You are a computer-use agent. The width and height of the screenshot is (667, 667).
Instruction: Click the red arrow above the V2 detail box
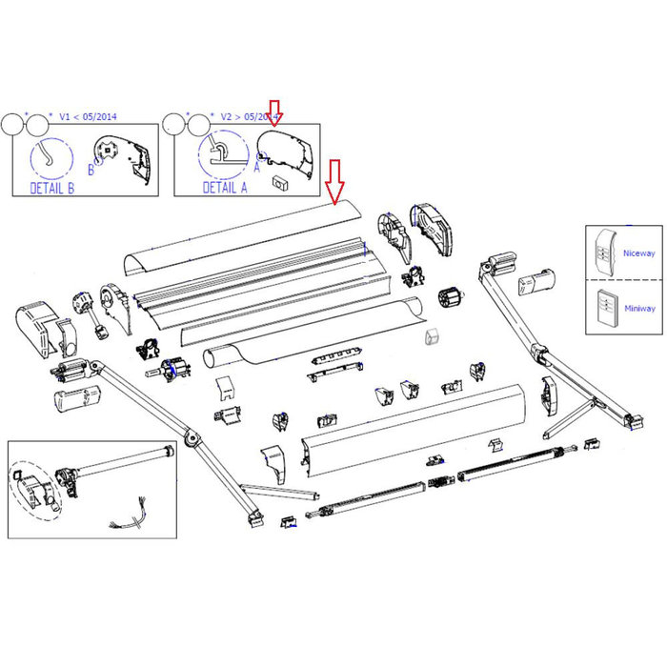click(274, 113)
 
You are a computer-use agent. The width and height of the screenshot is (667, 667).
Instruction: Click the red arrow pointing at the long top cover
click(333, 182)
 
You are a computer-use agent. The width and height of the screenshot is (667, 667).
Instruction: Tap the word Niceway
click(637, 253)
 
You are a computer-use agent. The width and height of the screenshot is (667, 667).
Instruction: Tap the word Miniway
click(637, 308)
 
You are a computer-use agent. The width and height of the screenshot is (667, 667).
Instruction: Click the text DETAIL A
click(225, 188)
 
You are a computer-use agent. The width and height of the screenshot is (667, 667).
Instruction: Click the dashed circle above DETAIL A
click(221, 152)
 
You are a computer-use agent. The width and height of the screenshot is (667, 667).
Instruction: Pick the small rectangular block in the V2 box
click(279, 180)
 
